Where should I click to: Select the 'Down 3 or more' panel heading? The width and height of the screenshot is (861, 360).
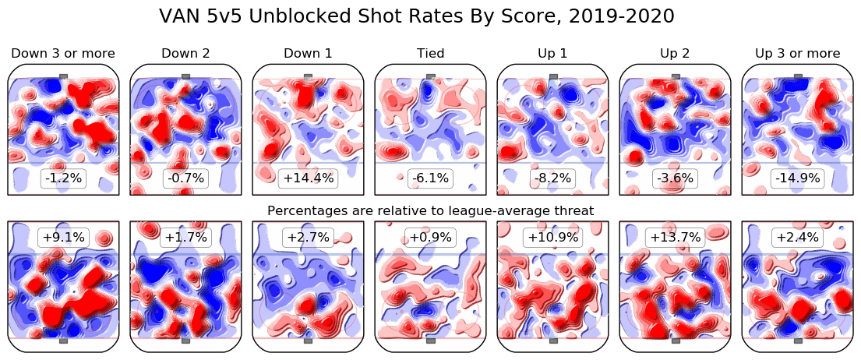(x=63, y=53)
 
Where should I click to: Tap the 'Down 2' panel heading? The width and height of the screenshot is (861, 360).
(x=185, y=53)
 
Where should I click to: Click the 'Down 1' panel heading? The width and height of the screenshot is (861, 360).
(x=308, y=53)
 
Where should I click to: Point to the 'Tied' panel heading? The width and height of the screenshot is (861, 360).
(x=430, y=53)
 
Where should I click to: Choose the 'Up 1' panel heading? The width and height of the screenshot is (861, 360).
(x=552, y=53)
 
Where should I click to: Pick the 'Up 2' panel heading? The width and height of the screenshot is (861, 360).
(x=675, y=53)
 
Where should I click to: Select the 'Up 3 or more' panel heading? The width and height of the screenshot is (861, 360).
(x=797, y=53)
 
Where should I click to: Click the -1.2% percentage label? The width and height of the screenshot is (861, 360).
(x=63, y=178)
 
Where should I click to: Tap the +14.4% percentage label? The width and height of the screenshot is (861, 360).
(x=308, y=178)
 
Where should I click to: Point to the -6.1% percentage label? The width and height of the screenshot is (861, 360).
(x=430, y=178)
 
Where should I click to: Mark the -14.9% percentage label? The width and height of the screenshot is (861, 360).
(x=797, y=178)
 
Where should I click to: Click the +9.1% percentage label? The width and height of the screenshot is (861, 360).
(x=63, y=237)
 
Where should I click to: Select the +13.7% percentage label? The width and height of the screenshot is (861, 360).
(x=675, y=237)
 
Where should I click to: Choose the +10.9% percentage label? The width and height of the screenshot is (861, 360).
(x=552, y=237)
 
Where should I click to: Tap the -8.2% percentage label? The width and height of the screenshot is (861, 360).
(x=552, y=178)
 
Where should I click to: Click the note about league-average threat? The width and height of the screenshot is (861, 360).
(x=430, y=210)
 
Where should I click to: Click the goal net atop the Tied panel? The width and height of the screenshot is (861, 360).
(x=430, y=76)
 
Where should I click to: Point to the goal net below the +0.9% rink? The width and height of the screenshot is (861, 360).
(x=430, y=341)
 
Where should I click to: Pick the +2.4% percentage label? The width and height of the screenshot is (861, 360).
(x=797, y=237)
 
